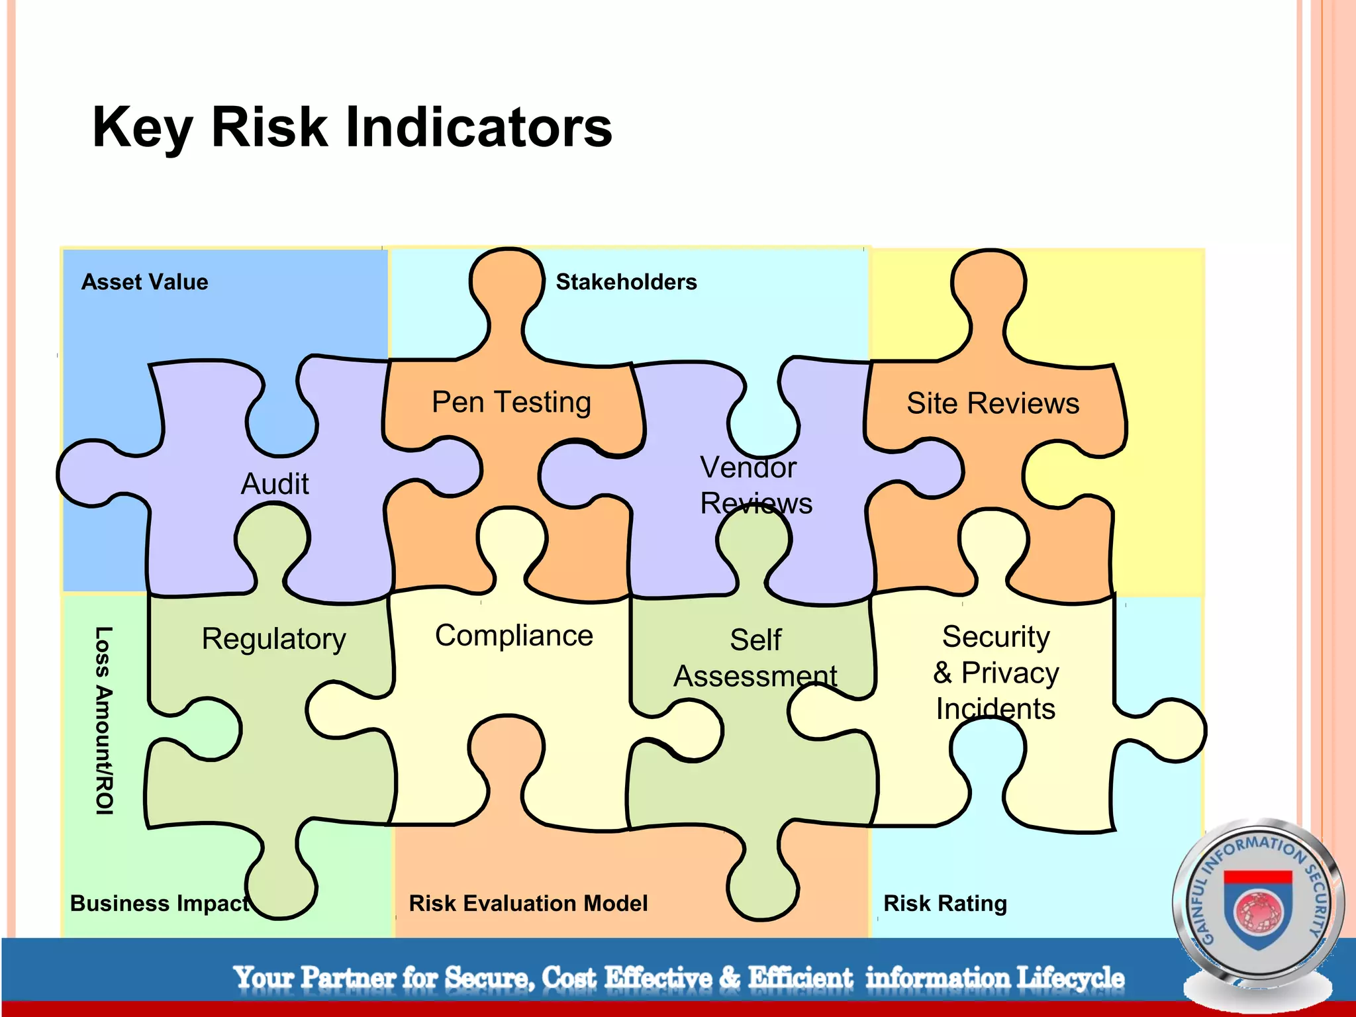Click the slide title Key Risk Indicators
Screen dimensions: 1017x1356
point(352,127)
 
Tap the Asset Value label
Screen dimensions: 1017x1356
point(144,282)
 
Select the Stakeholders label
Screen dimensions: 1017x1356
point(626,282)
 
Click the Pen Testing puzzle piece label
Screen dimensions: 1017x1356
point(511,402)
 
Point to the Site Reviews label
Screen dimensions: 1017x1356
point(993,403)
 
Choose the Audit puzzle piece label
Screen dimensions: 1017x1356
point(275,484)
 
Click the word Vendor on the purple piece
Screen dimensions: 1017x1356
point(748,467)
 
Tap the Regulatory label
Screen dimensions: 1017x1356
point(273,639)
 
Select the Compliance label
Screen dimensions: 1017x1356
point(514,636)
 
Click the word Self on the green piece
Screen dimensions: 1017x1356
point(755,640)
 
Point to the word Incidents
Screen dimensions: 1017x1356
point(995,709)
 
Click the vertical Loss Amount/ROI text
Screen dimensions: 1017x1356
point(104,720)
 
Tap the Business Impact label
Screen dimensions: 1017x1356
point(160,903)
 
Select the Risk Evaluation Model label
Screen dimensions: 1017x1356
point(528,903)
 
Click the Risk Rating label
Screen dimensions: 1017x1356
point(945,903)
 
